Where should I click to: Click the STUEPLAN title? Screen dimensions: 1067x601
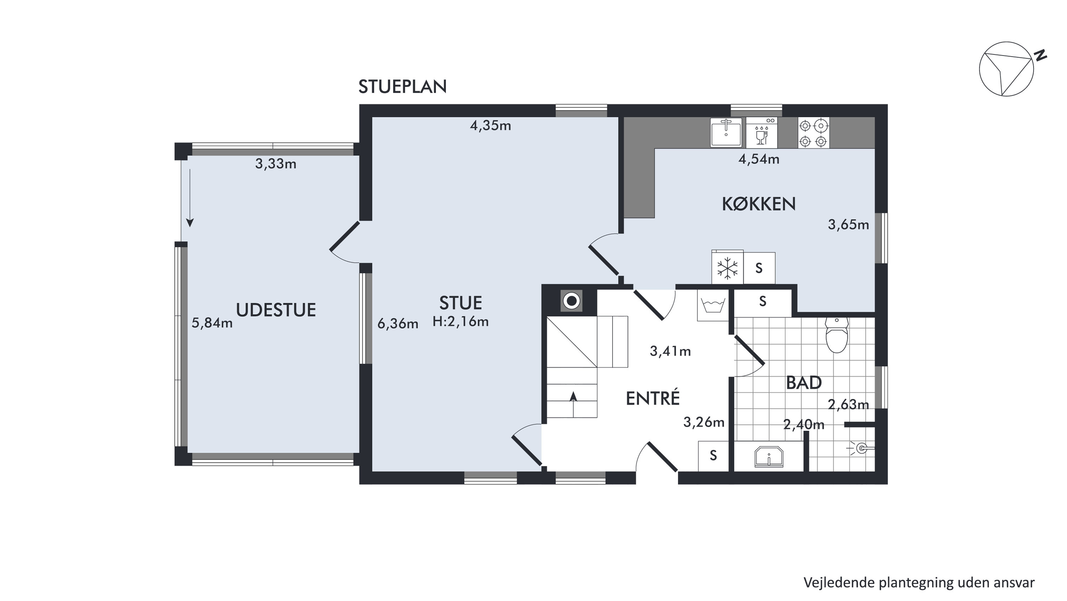pyautogui.click(x=402, y=87)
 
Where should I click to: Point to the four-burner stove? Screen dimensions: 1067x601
pyautogui.click(x=814, y=133)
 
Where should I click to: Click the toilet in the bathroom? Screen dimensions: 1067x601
pyautogui.click(x=837, y=335)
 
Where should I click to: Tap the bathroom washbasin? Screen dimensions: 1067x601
pyautogui.click(x=769, y=456)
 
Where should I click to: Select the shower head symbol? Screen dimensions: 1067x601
pyautogui.click(x=861, y=448)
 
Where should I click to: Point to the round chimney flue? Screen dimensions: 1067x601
pyautogui.click(x=572, y=301)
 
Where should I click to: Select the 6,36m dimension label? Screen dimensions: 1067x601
pyautogui.click(x=398, y=324)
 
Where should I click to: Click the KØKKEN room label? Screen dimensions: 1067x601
pyautogui.click(x=759, y=204)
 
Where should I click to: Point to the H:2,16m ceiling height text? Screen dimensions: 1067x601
pyautogui.click(x=461, y=321)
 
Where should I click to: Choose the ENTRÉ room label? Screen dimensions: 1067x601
pyautogui.click(x=653, y=398)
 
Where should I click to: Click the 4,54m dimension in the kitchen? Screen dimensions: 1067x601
pyautogui.click(x=759, y=159)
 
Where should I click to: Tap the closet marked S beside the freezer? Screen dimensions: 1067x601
pyautogui.click(x=759, y=268)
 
